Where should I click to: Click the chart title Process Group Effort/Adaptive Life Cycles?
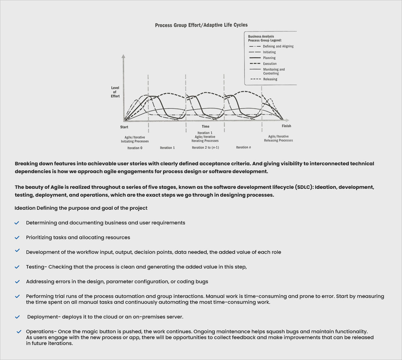(201, 25)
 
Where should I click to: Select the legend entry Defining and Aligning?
(278, 46)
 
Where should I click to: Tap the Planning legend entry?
(269, 58)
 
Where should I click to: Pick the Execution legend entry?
(270, 64)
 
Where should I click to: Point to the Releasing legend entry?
(270, 79)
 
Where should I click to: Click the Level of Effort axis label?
(115, 92)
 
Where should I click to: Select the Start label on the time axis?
(124, 127)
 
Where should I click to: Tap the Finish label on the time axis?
(286, 126)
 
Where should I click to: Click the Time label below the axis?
(206, 126)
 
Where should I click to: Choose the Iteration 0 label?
(135, 148)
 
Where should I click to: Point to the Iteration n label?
(243, 147)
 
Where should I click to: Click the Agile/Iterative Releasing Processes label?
(278, 139)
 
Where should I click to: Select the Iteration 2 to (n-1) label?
(205, 148)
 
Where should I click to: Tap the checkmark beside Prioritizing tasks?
(17, 237)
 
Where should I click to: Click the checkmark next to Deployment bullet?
(17, 317)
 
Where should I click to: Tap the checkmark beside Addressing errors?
(17, 282)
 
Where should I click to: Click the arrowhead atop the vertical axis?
(124, 57)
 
